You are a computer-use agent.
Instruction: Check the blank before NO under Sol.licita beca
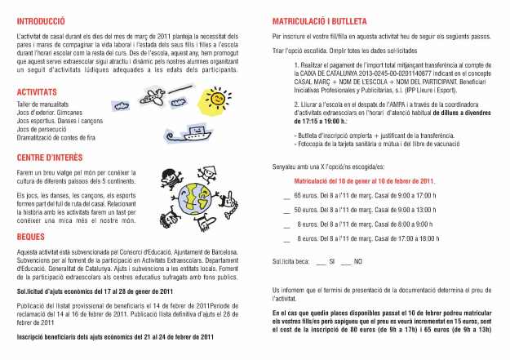tap(346, 260)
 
